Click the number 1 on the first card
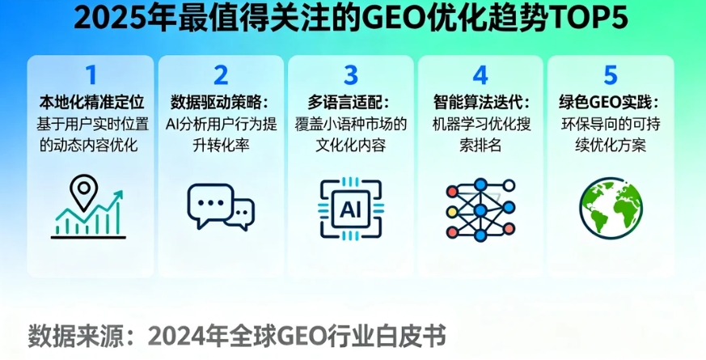point(91,75)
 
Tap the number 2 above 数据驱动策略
point(221,75)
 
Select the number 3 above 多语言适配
point(350,75)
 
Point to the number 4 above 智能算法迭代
point(480,75)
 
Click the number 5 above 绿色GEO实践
point(611,75)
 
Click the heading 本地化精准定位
point(91,103)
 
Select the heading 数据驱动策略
point(220,103)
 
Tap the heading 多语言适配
point(350,103)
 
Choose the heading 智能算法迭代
point(480,103)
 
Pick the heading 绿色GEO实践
point(610,103)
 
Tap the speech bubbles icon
point(220,207)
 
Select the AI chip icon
point(350,209)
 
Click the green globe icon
point(611,208)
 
